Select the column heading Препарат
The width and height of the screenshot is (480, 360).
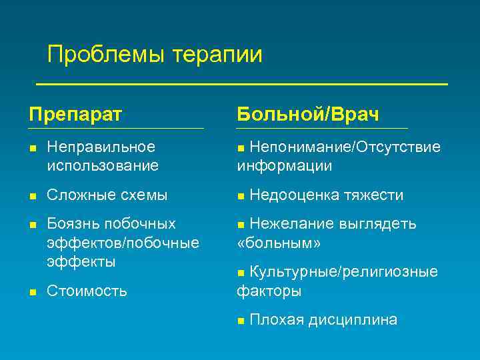75,113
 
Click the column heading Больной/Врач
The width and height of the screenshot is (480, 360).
308,113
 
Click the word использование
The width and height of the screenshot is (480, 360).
103,165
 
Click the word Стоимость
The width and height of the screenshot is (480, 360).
87,291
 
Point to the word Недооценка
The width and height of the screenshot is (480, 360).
295,195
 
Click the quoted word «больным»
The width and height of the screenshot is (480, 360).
279,243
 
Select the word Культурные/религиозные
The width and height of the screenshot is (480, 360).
343,272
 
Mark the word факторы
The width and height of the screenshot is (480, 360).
269,291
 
